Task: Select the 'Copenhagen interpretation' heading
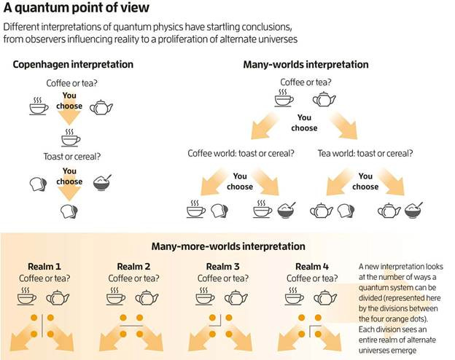tap(73, 64)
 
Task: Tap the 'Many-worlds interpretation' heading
tap(306, 64)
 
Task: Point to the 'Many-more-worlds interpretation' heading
tap(227, 246)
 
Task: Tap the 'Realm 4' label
tap(313, 265)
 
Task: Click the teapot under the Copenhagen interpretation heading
tap(101, 108)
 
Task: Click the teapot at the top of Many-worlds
tap(324, 99)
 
